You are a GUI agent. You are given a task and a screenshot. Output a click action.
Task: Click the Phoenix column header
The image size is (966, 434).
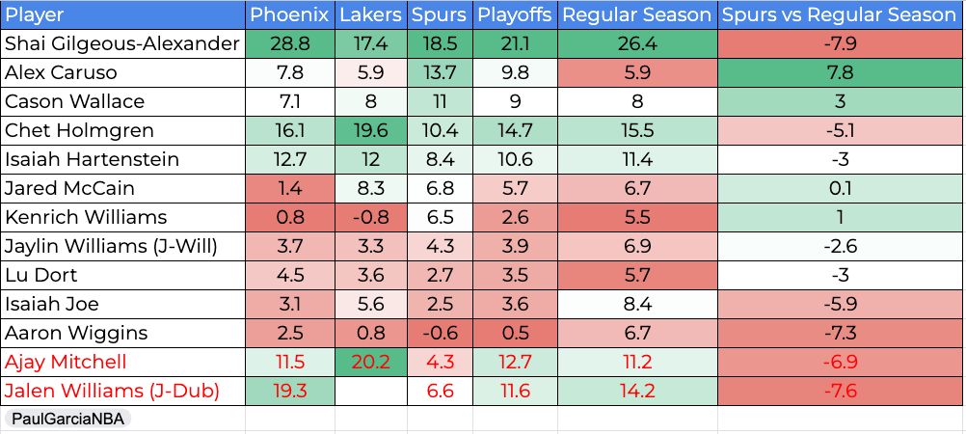coord(289,14)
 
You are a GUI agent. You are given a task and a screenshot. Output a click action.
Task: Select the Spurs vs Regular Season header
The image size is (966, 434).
coord(839,14)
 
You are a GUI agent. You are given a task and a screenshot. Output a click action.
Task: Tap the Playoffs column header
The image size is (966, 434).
coord(515,14)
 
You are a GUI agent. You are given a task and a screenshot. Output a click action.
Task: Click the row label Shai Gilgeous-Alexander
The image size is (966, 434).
coord(121,43)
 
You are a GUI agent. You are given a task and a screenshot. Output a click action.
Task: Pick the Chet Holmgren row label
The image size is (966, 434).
coord(79,131)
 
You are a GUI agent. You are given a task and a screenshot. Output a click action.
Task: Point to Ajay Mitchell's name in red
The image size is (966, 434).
coord(66,362)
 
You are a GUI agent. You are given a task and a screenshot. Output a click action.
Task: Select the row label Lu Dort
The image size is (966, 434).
coord(41,275)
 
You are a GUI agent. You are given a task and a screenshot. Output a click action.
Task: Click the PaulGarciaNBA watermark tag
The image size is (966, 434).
coord(67,420)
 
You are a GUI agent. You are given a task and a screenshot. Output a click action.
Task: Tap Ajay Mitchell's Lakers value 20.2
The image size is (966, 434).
coord(371,362)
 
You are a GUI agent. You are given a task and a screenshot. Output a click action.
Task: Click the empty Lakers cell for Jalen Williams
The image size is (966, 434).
coord(371,391)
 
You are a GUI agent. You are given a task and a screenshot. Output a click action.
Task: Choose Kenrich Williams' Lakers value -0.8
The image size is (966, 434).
coord(371,217)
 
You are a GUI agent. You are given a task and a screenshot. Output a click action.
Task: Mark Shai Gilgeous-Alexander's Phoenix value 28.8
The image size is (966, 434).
coord(289,43)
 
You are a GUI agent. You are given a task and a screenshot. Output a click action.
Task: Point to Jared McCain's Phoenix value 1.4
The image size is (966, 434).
coord(289,188)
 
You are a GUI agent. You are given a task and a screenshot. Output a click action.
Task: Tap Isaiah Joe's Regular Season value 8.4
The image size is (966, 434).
coord(637,304)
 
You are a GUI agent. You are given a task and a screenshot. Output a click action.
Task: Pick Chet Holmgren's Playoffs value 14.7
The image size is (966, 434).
coord(516,131)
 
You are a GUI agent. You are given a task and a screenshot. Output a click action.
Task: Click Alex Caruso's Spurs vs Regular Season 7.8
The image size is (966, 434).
coord(841,72)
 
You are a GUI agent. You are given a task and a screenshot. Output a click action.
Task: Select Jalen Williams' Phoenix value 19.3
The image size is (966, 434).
coord(289,391)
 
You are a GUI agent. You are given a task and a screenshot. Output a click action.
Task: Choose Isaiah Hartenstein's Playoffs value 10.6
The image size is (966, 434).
coord(516,160)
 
